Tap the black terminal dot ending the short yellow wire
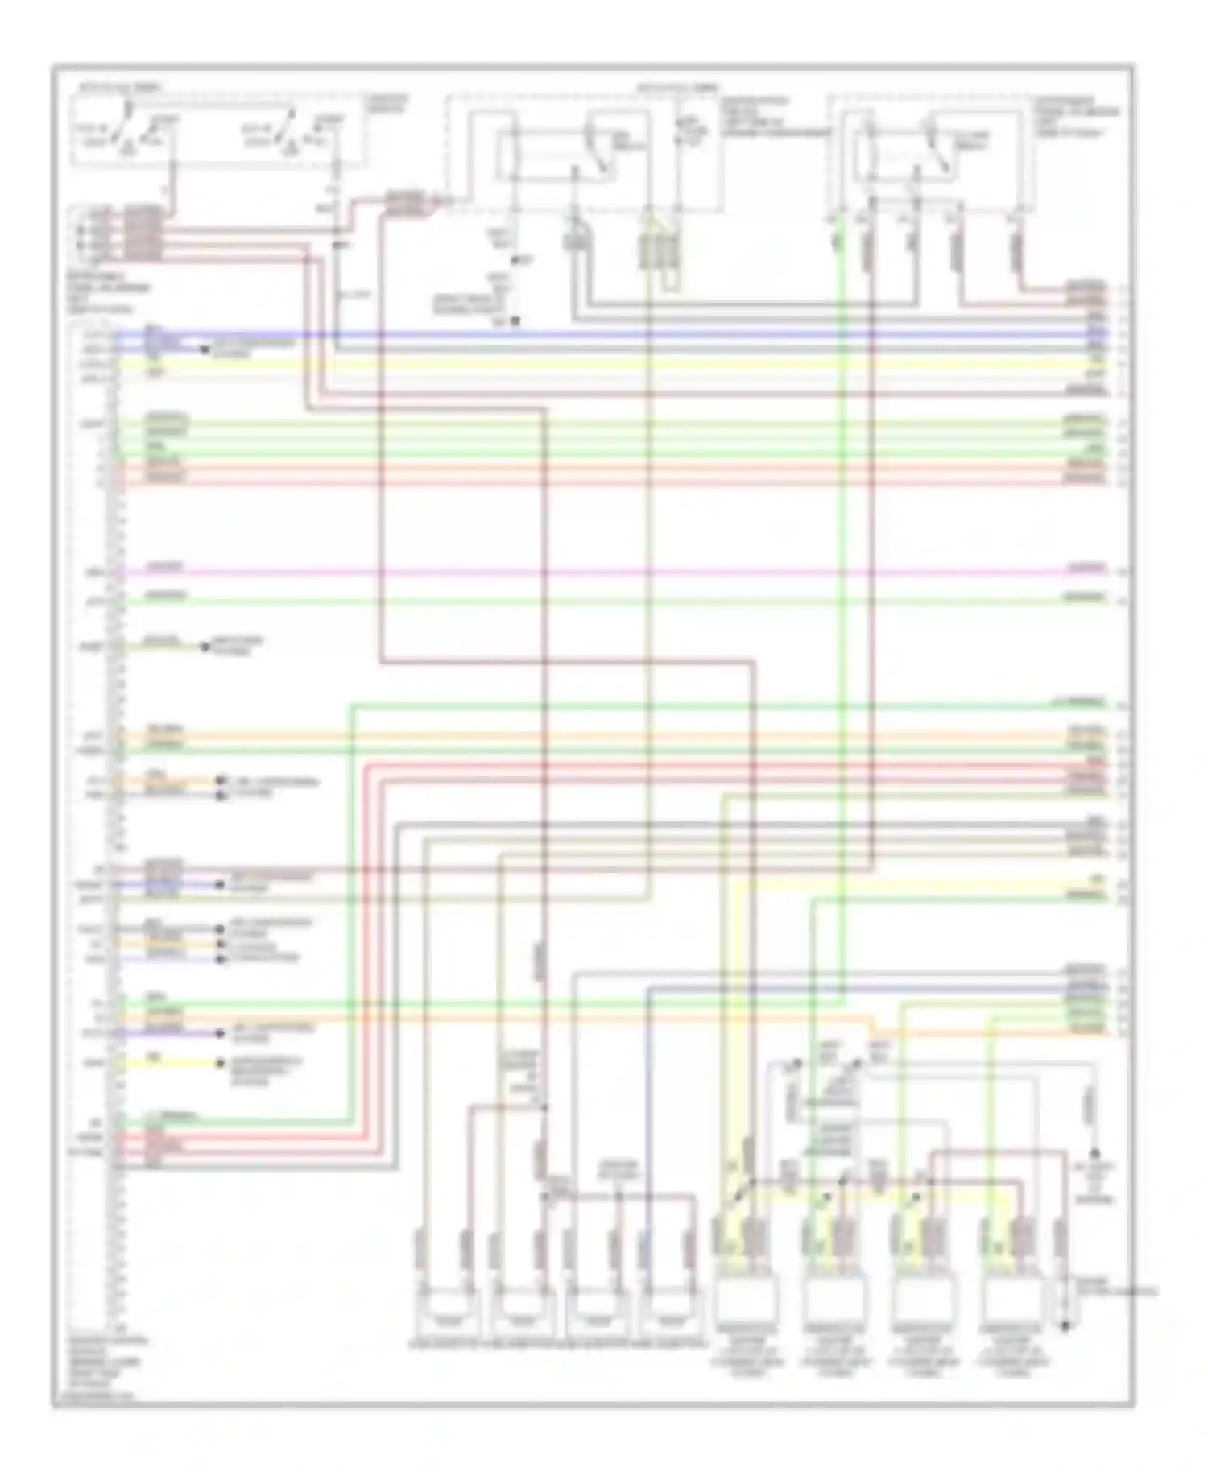pyautogui.click(x=220, y=1063)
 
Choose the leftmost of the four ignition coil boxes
pyautogui.click(x=747, y=1298)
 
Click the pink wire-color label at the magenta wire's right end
pyautogui.click(x=1086, y=569)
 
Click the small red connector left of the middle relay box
pyautogui.click(x=407, y=203)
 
